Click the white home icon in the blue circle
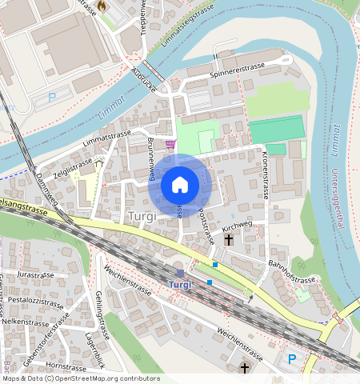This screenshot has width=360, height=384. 180,186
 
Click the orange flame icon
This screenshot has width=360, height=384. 102,6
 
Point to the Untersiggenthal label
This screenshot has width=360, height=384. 340,196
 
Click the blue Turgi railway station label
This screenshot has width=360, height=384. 181,286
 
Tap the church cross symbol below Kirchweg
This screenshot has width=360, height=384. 229,239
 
